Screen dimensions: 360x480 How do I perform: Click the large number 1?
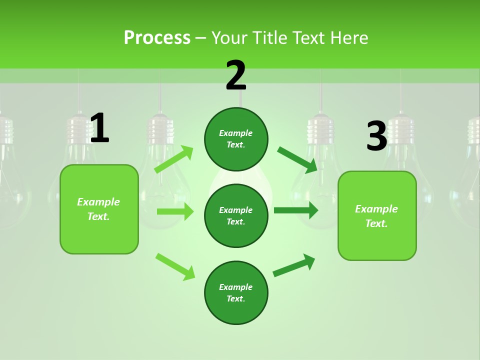tap(99, 128)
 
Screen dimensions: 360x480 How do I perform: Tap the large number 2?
tap(236, 75)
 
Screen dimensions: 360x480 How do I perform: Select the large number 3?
tap(376, 136)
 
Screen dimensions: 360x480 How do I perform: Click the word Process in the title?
tap(157, 37)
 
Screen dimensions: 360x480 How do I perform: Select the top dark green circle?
tap(236, 139)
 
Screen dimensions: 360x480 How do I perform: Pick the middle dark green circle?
tap(236, 215)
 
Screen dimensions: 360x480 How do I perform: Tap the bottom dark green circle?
tap(236, 292)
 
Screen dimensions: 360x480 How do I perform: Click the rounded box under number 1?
tap(99, 209)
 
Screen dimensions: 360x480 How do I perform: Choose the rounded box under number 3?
tap(377, 215)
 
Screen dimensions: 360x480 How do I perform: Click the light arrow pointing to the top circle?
tap(174, 159)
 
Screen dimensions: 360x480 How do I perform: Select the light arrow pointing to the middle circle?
tap(175, 211)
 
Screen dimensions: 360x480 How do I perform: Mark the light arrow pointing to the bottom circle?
tap(175, 266)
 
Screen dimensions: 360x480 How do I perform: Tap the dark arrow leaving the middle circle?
tap(295, 210)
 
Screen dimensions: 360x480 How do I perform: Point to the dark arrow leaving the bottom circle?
tap(294, 265)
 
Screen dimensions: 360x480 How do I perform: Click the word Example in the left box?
tap(98, 202)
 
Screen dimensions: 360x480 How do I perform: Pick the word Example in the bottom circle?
tap(236, 287)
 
